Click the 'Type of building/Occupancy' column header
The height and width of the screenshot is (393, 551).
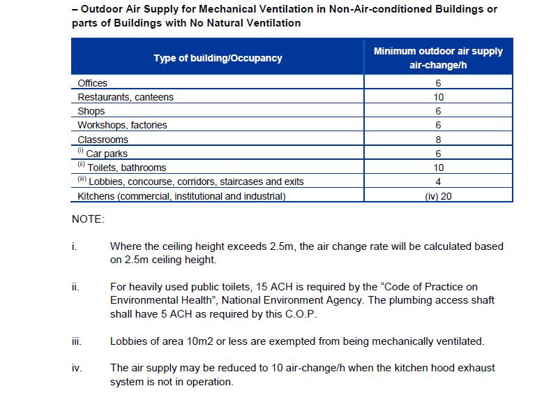[x=218, y=58]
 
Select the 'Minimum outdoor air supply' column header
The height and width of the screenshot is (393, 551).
[x=438, y=52]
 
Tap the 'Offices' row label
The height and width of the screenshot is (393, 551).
[x=92, y=83]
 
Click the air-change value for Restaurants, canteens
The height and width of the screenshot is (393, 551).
[x=438, y=98]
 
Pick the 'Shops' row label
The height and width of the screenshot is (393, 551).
[x=91, y=112]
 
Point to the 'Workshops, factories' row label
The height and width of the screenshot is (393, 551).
[x=122, y=126]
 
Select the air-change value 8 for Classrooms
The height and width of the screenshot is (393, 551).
[x=438, y=140]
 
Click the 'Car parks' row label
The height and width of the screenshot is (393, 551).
[x=107, y=154]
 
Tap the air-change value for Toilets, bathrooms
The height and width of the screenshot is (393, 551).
[x=438, y=168]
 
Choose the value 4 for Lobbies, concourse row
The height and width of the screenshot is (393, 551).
[x=438, y=182]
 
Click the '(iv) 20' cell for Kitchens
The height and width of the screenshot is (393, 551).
[x=438, y=196]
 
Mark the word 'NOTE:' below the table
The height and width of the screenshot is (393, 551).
[x=88, y=219]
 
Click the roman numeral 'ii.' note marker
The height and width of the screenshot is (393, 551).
[x=75, y=287]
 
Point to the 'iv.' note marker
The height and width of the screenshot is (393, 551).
[x=76, y=368]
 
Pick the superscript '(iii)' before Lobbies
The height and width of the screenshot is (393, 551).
[x=82, y=180]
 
